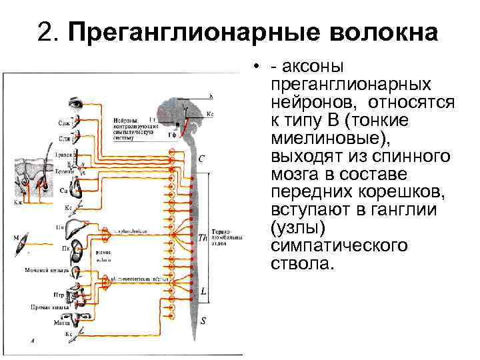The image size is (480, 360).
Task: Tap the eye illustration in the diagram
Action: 75,103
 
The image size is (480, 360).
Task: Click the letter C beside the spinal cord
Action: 202,159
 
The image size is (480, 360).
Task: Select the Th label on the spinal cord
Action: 203,237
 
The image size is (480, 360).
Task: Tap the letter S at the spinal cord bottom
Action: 203,321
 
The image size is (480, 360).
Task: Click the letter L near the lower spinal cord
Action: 203,291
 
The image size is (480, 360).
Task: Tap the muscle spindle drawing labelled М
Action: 25,244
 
